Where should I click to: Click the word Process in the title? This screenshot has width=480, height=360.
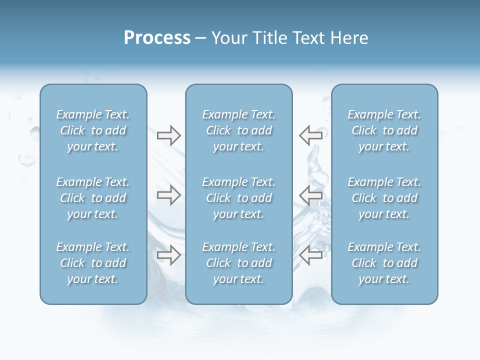tap(157, 38)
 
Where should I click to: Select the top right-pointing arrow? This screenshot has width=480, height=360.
tap(168, 135)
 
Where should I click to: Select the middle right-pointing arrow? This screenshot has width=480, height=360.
tap(168, 195)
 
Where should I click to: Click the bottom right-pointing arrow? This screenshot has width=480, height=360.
tap(168, 255)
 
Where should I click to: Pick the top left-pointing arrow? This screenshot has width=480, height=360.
tap(310, 135)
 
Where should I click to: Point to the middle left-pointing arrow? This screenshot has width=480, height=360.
tap(310, 195)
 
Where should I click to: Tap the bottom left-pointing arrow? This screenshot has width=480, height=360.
tap(310, 255)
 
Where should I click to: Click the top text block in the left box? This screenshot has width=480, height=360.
tap(93, 130)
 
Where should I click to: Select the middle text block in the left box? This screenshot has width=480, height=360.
tap(93, 198)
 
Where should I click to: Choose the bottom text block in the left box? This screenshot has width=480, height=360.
tap(93, 263)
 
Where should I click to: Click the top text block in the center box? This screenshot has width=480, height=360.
tap(238, 130)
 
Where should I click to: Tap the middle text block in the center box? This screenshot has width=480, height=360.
tap(238, 198)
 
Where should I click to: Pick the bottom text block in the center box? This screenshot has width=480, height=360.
tap(238, 263)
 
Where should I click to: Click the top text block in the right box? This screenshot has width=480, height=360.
tap(384, 130)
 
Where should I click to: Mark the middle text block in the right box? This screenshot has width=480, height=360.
tap(384, 198)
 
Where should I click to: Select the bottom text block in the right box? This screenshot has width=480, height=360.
tap(384, 263)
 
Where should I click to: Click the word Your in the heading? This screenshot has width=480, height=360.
tap(229, 38)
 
